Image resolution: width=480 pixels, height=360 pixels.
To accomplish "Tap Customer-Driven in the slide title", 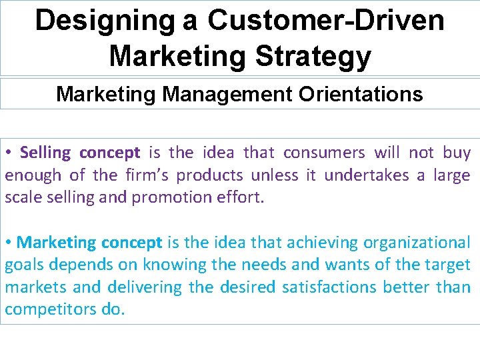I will coord(326,21).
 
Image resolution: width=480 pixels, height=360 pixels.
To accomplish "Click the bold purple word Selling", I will coord(45,153).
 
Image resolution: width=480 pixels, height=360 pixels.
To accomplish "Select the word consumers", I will coord(324,153).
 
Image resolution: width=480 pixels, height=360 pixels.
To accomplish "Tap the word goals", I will coord(25,265).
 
